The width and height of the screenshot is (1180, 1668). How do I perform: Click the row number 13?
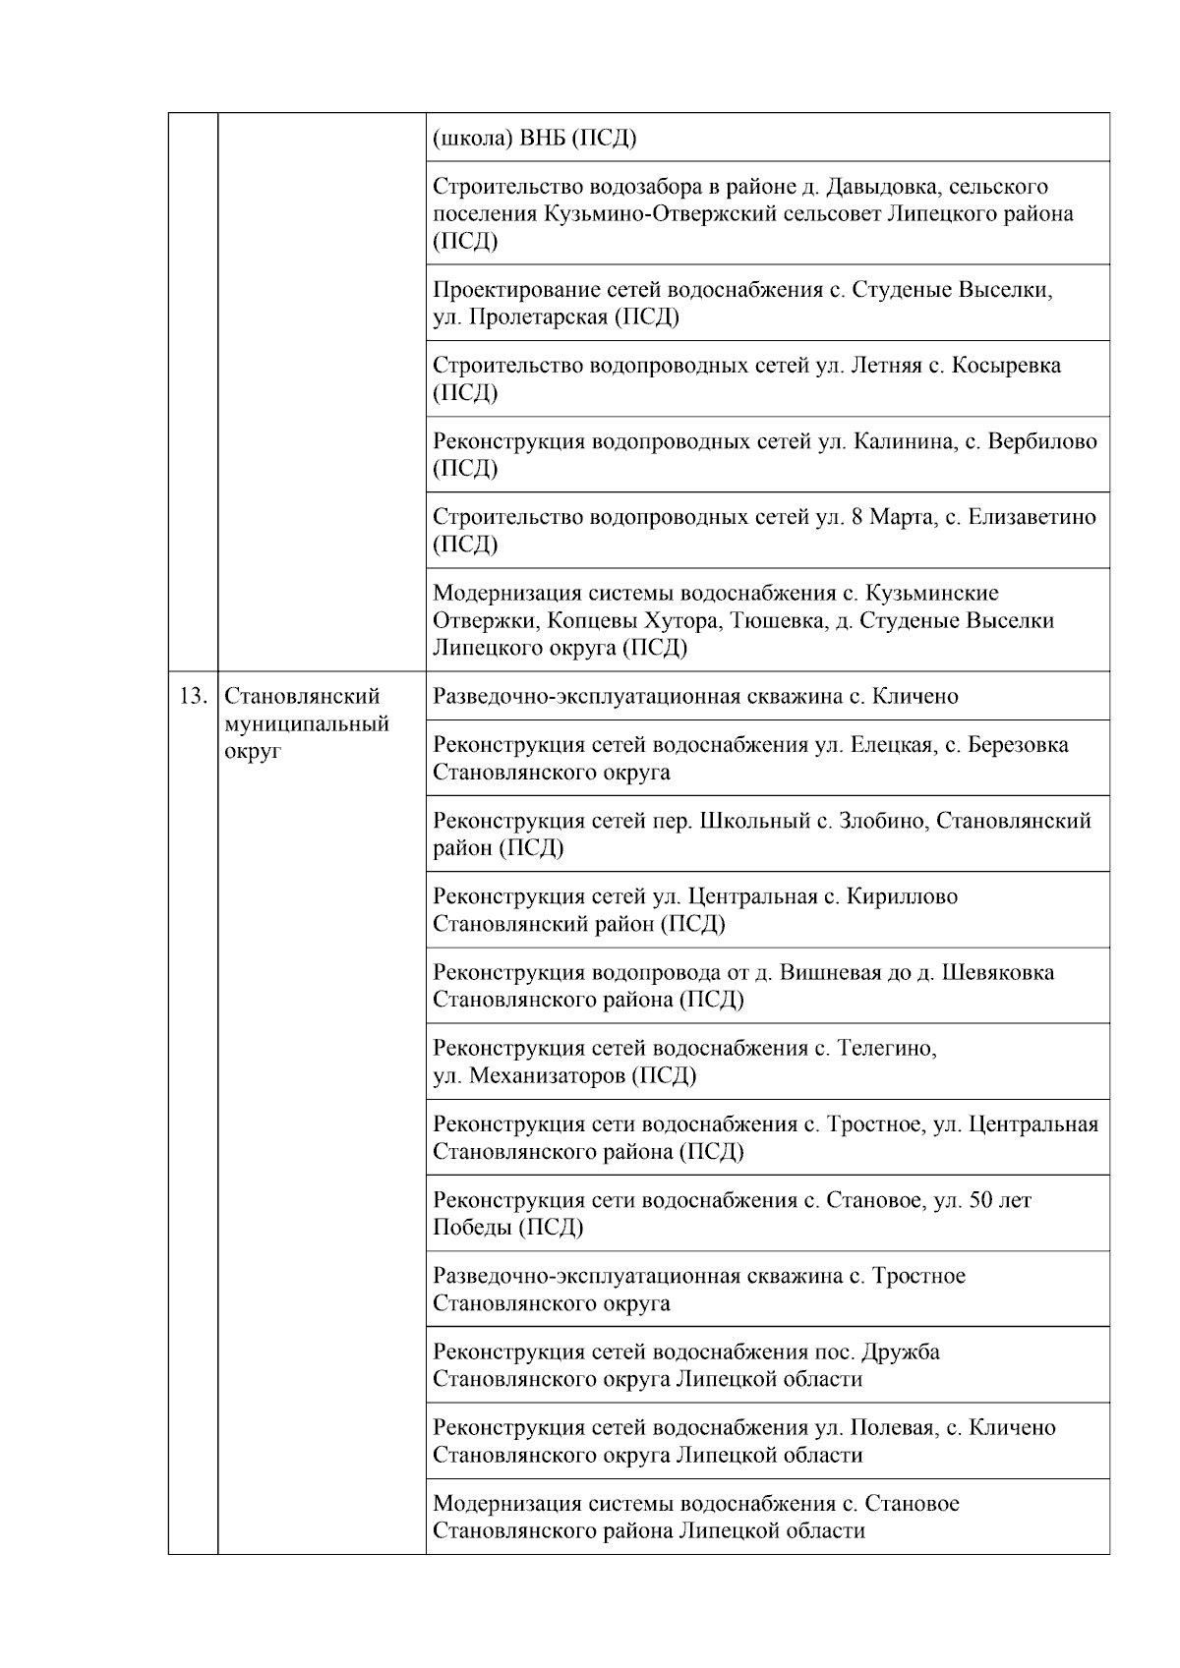pos(192,697)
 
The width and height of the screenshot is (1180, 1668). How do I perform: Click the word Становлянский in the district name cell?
pos(302,697)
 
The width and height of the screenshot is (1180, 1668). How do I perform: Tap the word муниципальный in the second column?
pos(307,724)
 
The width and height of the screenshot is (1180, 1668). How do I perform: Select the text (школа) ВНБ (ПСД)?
pos(534,139)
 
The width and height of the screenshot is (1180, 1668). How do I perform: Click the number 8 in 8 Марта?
pos(857,517)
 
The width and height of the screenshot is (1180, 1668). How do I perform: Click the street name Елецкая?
pos(891,745)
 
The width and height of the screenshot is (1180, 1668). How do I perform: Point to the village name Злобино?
pos(878,821)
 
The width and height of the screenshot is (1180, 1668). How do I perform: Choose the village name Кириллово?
pos(905,896)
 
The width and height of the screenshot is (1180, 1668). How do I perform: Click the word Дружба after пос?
pos(901,1352)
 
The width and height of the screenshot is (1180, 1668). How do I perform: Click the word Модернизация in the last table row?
pos(508,1503)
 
